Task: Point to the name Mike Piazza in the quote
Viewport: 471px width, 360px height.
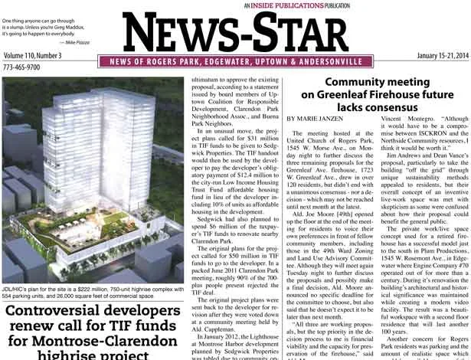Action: click(x=78, y=43)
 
